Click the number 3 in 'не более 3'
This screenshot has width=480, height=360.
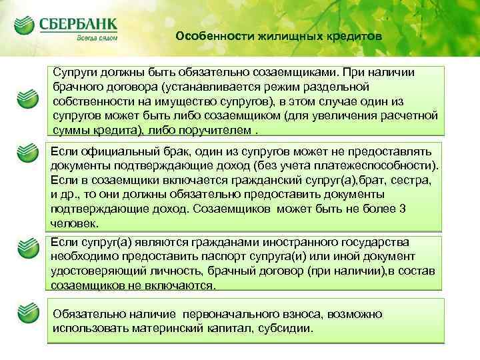click(x=420, y=209)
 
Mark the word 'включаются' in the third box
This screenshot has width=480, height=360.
click(x=181, y=285)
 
